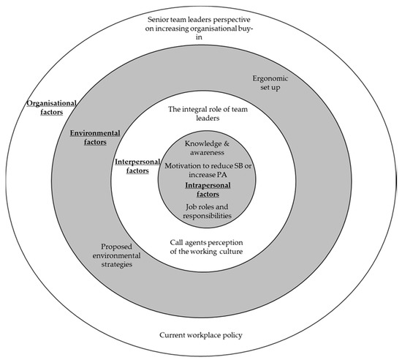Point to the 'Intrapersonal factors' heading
(201, 192)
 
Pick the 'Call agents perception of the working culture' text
(201, 247)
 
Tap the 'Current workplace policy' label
(200, 335)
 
